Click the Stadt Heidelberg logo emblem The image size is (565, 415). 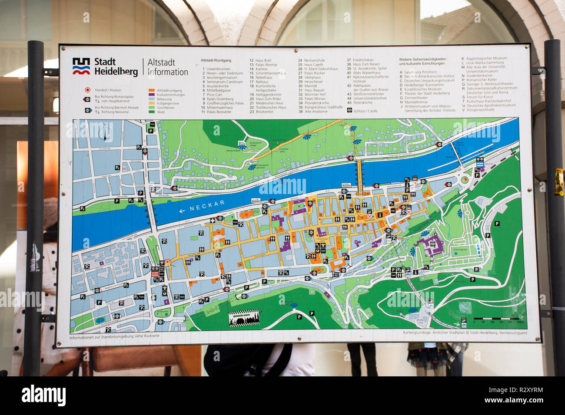[x=81, y=66]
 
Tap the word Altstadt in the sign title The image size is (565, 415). [x=161, y=63]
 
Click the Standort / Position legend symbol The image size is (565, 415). [x=87, y=90]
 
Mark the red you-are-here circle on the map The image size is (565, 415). [x=167, y=262]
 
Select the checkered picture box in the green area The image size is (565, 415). [x=243, y=318]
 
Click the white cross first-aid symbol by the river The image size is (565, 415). [x=213, y=221]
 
